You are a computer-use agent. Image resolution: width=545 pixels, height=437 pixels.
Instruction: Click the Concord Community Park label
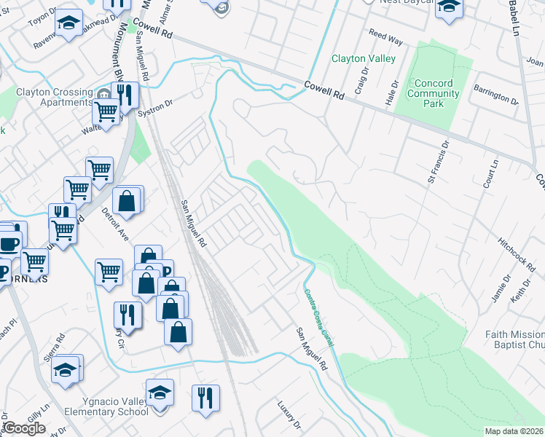[x=433, y=94]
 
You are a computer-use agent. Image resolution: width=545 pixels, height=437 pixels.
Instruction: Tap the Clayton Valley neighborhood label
[x=364, y=58]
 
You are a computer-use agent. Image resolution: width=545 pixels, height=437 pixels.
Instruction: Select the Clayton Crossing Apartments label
[x=55, y=98]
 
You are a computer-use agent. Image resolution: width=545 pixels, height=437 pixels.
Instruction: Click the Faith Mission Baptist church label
[x=514, y=339]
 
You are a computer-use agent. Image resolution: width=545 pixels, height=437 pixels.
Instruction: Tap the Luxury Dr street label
[x=289, y=414]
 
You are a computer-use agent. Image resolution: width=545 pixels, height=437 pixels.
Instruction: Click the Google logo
[x=23, y=428]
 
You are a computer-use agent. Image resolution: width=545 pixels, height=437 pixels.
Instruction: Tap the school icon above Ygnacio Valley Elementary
[x=160, y=392]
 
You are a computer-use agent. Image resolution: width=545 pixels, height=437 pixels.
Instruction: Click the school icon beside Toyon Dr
[x=69, y=23]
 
